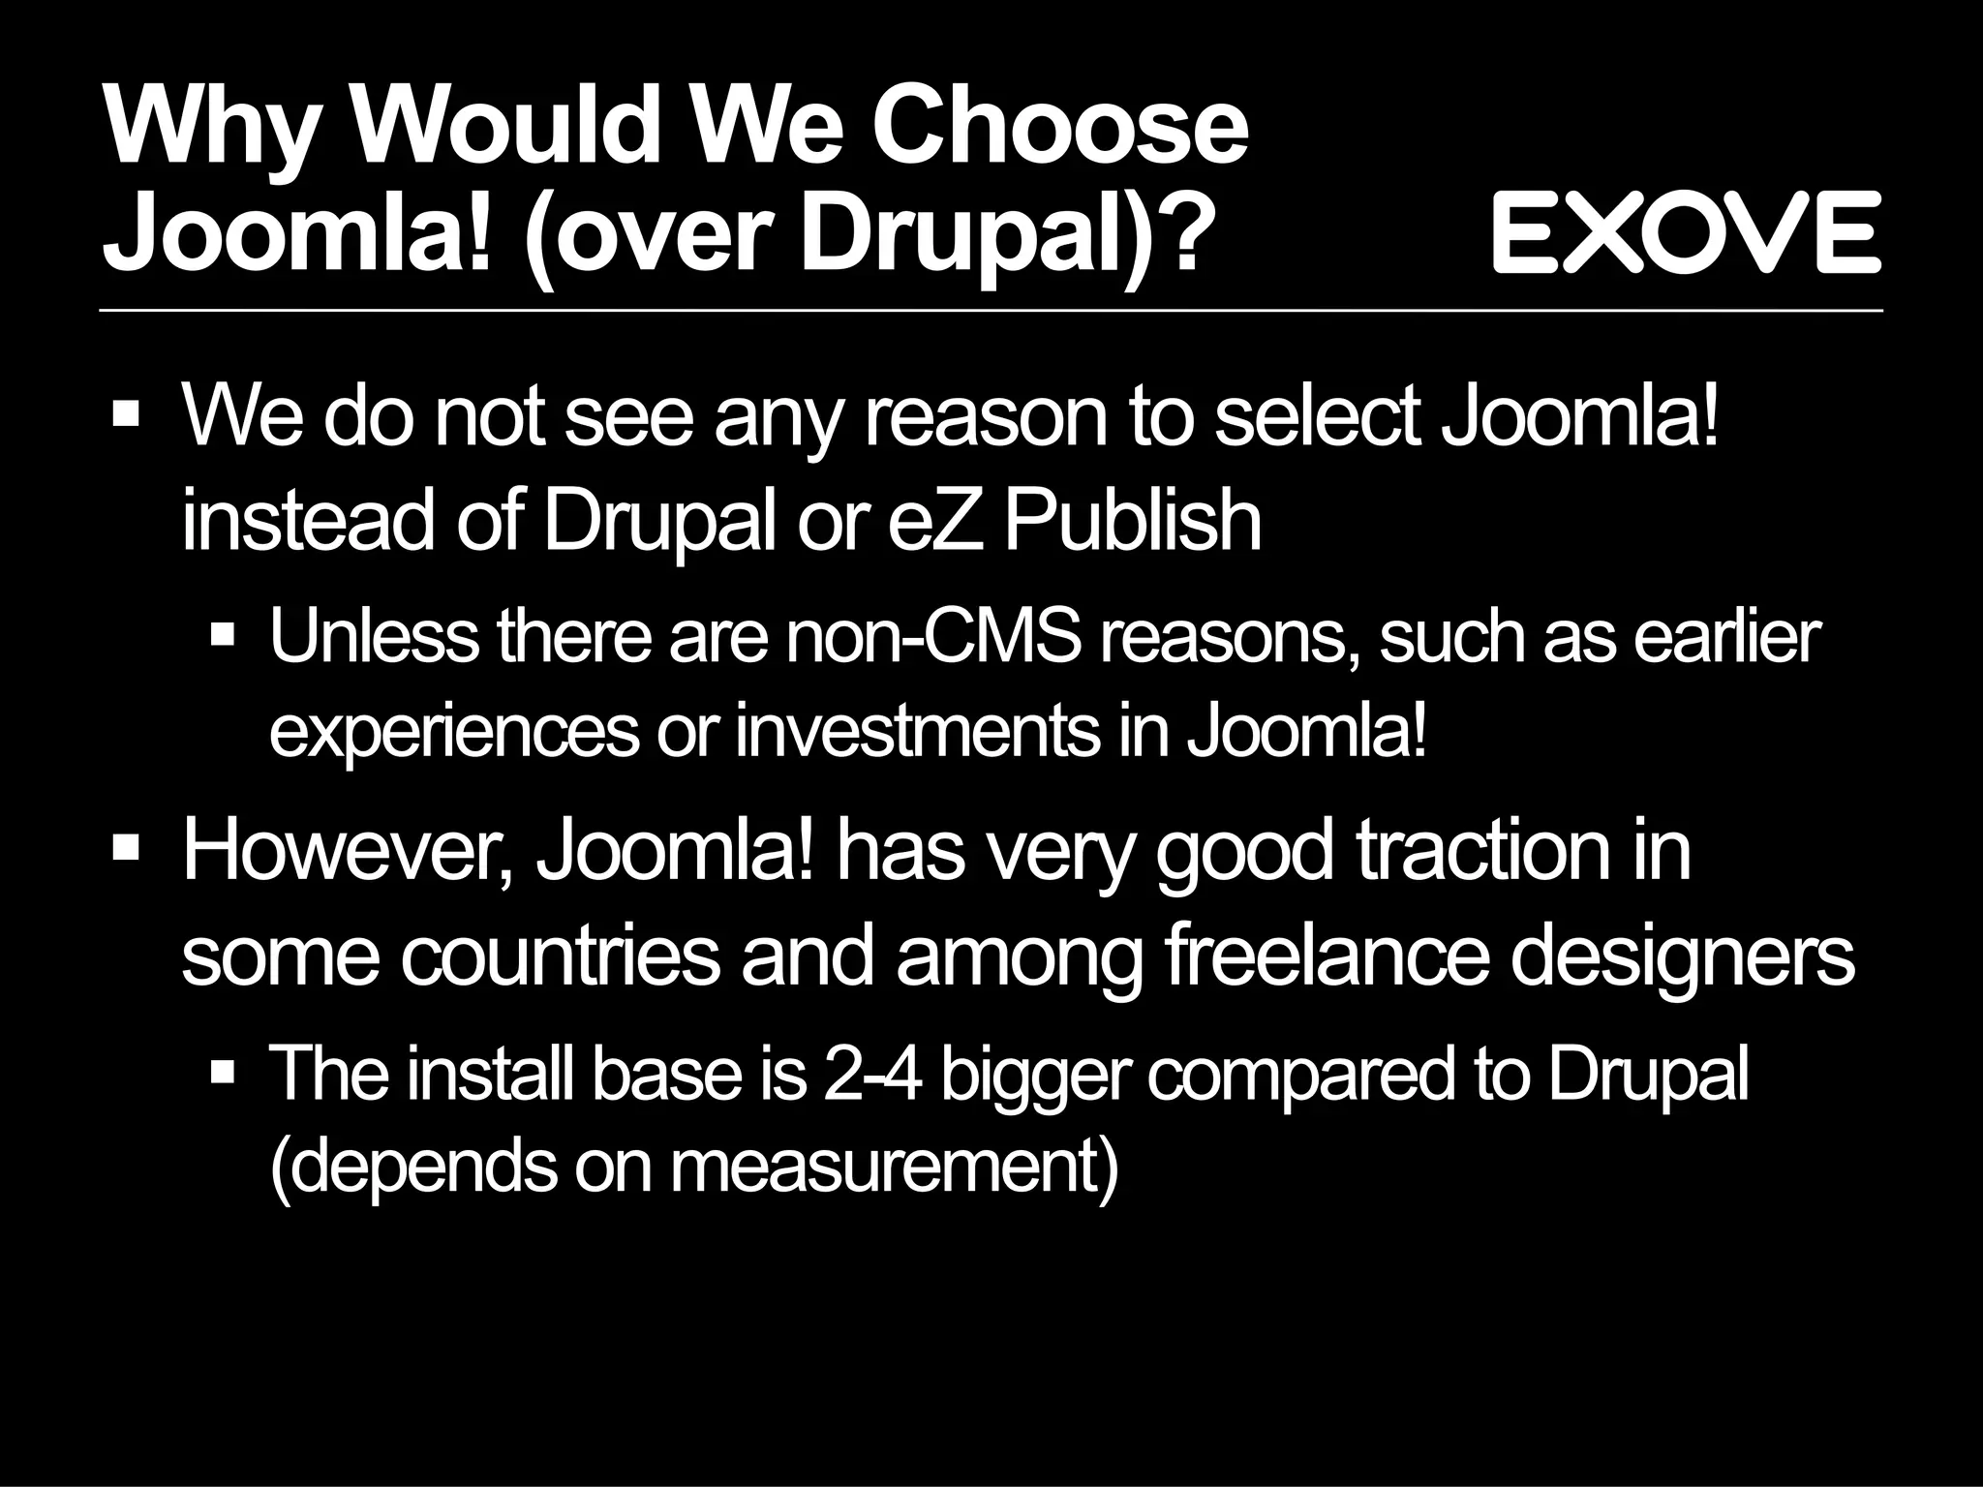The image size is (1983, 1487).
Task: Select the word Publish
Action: point(1132,521)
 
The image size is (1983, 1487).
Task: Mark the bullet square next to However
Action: point(126,849)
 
